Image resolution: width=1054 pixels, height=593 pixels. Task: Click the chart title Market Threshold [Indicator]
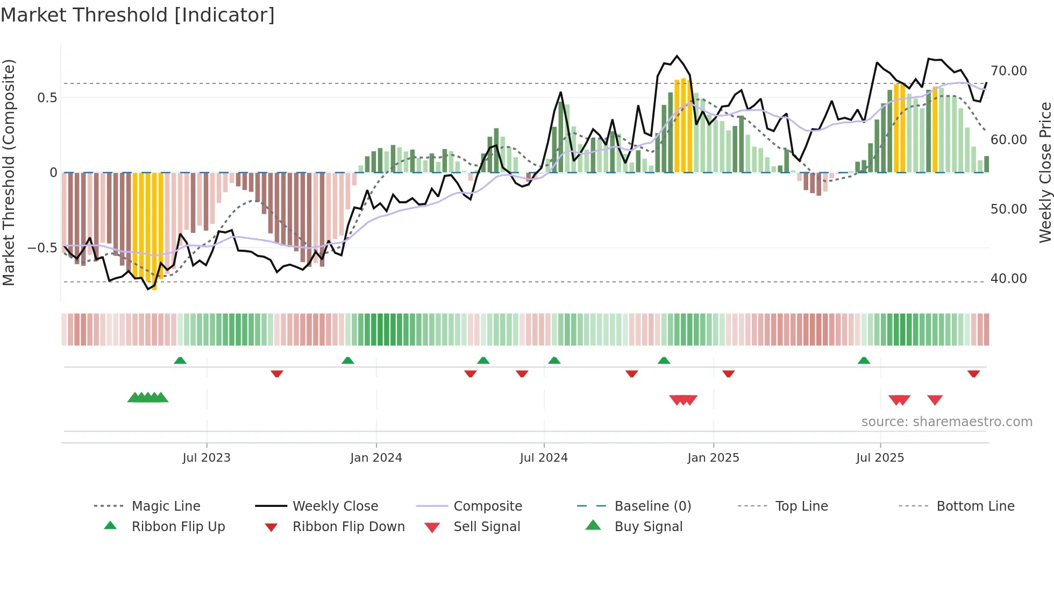click(x=138, y=15)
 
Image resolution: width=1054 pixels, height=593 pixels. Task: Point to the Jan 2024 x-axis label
click(x=376, y=458)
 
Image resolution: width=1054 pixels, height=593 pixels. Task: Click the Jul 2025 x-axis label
click(x=880, y=458)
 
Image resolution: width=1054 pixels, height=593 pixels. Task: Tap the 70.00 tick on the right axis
click(x=1008, y=71)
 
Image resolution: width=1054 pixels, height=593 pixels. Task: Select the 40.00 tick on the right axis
click(x=1008, y=279)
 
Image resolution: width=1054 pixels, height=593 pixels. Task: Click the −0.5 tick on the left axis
click(x=42, y=248)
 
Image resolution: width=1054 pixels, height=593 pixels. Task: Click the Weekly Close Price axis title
click(x=1045, y=172)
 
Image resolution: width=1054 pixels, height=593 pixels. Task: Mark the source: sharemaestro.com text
click(x=946, y=422)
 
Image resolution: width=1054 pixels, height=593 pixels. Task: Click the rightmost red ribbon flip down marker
click(x=973, y=373)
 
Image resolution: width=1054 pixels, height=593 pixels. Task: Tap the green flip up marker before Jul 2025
click(x=864, y=361)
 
